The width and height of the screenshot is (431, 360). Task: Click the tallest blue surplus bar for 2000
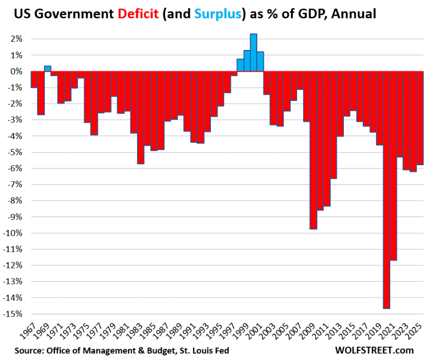(x=253, y=53)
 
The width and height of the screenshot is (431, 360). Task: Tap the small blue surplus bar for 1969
(x=47, y=68)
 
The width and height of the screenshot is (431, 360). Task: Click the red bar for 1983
(x=141, y=117)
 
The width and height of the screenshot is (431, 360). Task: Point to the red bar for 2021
(x=393, y=166)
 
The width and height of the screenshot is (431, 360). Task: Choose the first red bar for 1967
(x=34, y=80)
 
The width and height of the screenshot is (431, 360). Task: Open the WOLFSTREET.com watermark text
(x=374, y=350)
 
